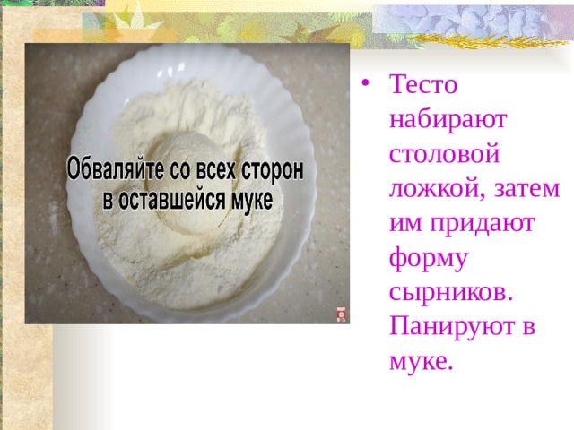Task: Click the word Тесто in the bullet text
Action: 423,84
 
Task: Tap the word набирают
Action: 448,119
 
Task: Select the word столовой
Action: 445,154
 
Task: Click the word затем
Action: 527,189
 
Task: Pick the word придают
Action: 483,224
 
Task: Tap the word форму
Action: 429,259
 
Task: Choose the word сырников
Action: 450,293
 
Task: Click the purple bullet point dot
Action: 365,83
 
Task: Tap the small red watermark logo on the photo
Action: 342,314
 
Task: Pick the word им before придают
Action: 406,223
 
